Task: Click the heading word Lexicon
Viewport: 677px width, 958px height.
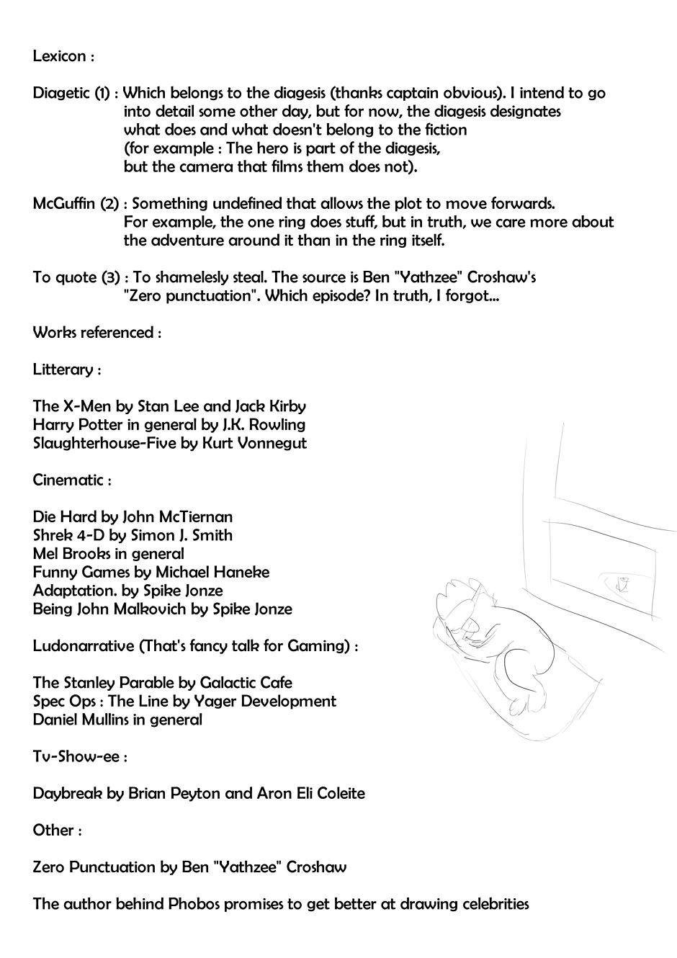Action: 59,56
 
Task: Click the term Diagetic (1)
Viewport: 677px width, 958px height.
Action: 71,93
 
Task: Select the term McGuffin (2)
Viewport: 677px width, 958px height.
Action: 76,204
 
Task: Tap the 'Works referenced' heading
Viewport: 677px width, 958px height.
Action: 92,333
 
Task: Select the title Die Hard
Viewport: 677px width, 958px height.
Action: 66,517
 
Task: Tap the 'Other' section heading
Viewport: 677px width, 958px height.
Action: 53,831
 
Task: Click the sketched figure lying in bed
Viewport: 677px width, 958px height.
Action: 497,648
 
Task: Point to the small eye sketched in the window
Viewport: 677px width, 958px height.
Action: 624,585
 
